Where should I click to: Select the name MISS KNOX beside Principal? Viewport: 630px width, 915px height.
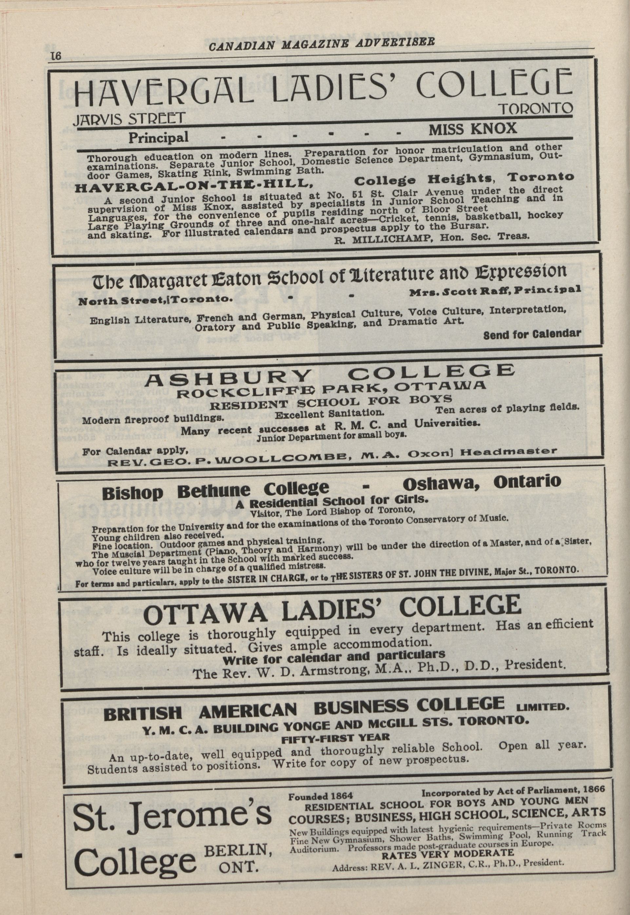click(472, 129)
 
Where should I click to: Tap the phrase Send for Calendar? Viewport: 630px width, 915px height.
click(532, 334)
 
